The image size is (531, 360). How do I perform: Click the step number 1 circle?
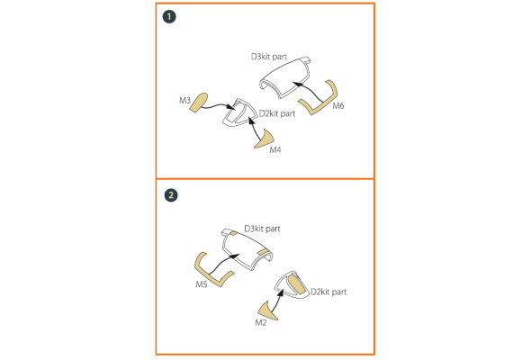pyautogui.click(x=169, y=16)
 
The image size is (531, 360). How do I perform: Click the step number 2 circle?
pyautogui.click(x=171, y=195)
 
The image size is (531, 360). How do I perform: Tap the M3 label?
pyautogui.click(x=184, y=101)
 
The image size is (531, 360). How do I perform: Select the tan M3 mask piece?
pyautogui.click(x=198, y=103)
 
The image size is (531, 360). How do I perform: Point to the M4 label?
pyautogui.click(x=275, y=149)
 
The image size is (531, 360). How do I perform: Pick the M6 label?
pyautogui.click(x=338, y=106)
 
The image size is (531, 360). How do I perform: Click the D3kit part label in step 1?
pyautogui.click(x=269, y=57)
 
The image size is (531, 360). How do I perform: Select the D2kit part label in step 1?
pyautogui.click(x=277, y=113)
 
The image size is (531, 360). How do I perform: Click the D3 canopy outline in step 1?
pyautogui.click(x=285, y=77)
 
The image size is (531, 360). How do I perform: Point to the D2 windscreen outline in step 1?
pyautogui.click(x=239, y=113)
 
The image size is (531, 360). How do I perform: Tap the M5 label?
pyautogui.click(x=202, y=284)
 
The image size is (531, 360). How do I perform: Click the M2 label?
pyautogui.click(x=261, y=323)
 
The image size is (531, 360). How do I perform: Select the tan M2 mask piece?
pyautogui.click(x=267, y=311)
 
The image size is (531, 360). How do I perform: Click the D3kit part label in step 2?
pyautogui.click(x=263, y=229)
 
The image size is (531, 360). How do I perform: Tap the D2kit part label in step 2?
pyautogui.click(x=328, y=292)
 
